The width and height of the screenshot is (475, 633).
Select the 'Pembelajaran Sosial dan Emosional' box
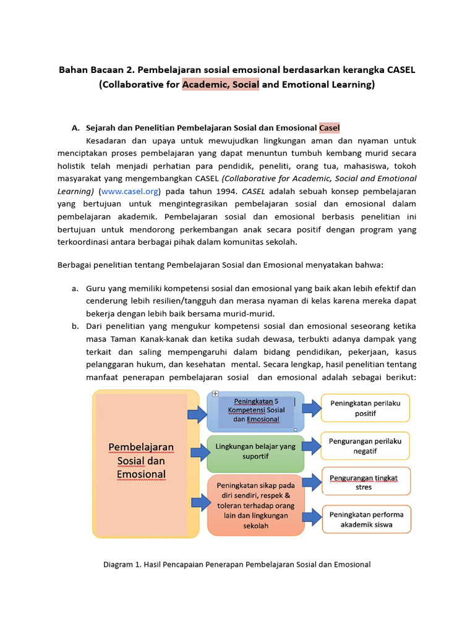141,461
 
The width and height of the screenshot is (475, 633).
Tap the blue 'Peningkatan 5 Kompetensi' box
255,410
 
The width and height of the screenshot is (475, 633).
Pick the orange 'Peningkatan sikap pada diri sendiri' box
255,505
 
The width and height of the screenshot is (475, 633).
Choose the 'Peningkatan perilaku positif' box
365,408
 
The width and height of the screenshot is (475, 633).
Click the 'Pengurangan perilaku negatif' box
365,446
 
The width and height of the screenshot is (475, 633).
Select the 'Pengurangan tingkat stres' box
365,482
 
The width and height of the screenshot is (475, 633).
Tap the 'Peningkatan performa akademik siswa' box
365,519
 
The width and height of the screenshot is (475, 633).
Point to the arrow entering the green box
199,452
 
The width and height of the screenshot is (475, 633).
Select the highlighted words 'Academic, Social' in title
220,85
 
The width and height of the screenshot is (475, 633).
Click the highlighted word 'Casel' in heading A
330,128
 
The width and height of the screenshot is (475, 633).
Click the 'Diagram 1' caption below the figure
237,564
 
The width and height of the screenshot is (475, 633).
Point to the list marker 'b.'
74,326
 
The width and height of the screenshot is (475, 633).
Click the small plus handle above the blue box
215,394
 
